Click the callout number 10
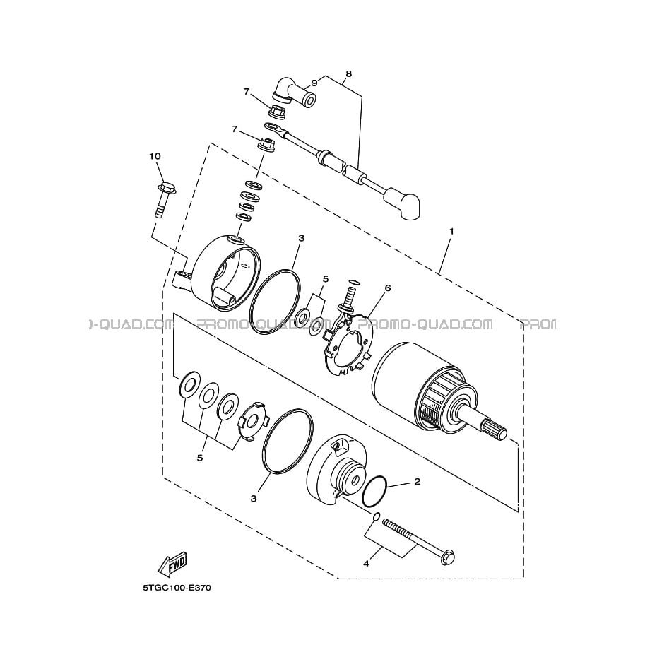point(155,156)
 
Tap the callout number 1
point(451,232)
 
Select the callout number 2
point(418,481)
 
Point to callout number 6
point(387,288)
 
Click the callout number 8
point(349,74)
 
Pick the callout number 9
point(314,83)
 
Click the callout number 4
point(366,564)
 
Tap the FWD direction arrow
point(173,563)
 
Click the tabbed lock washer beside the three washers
point(253,422)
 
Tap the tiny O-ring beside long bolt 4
point(376,516)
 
